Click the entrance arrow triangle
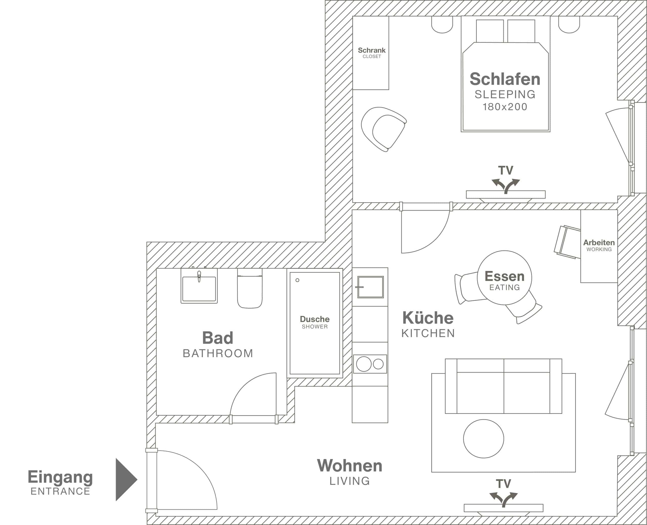coord(125,480)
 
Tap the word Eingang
coord(60,477)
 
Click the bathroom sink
coord(199,288)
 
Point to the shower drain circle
coord(297,280)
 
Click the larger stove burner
coord(363,364)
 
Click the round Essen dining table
coord(504,278)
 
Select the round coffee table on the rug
coord(483,439)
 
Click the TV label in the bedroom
coord(505,171)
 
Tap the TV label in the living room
coord(503,484)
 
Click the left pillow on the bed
coord(490,31)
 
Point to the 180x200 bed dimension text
coord(505,107)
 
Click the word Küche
coord(428,318)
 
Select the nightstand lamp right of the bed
coord(569,24)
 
